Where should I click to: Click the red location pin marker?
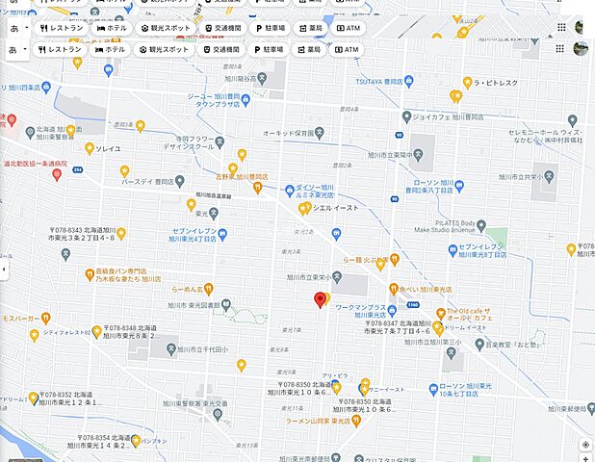(x=321, y=301)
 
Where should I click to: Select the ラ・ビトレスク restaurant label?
(x=497, y=84)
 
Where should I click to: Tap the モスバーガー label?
(x=20, y=317)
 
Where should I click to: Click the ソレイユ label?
(x=107, y=149)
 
